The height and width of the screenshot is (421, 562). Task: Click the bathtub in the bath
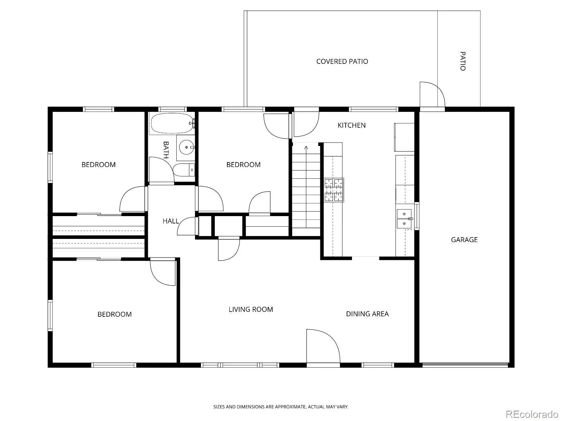pos(172,123)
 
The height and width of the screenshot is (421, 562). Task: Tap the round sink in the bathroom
pos(187,147)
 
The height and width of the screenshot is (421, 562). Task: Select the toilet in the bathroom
pos(184,170)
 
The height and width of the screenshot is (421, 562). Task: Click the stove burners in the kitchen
pos(334,190)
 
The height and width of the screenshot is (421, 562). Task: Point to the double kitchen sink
pos(404,219)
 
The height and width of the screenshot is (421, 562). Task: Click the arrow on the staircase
pos(306,187)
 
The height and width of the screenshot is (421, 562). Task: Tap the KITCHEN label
pos(352,125)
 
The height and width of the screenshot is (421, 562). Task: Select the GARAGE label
pos(464,240)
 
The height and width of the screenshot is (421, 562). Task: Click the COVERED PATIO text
pos(342,61)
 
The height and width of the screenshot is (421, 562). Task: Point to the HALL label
pos(171,221)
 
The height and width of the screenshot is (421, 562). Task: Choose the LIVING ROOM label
pos(251,309)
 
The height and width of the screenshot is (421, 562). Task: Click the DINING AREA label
pos(367,314)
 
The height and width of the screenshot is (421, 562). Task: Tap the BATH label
pos(166,150)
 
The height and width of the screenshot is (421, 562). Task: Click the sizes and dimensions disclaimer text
pos(281,406)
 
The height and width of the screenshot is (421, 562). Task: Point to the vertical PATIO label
pos(463,61)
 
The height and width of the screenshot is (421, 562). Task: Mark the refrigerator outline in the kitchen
pos(404,137)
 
